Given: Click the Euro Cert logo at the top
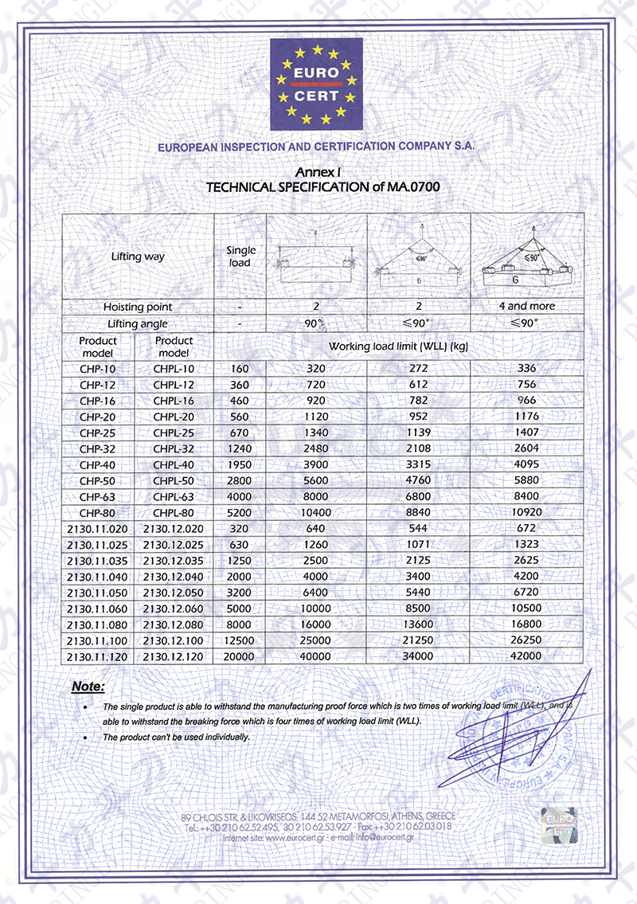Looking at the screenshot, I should [317, 84].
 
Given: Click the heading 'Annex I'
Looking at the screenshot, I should [317, 172].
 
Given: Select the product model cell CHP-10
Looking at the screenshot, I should [98, 369].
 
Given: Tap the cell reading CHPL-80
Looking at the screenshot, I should [174, 513].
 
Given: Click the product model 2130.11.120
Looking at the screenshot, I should [98, 655].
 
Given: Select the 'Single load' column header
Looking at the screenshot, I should [240, 256].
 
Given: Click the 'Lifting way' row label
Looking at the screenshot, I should [138, 256].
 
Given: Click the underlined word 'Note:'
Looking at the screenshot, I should [88, 686].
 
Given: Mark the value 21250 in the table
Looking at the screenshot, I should [419, 641].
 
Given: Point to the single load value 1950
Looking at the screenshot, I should [240, 464].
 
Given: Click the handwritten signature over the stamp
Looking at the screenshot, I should [510, 733].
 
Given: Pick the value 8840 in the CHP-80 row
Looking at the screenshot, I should [419, 513].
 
